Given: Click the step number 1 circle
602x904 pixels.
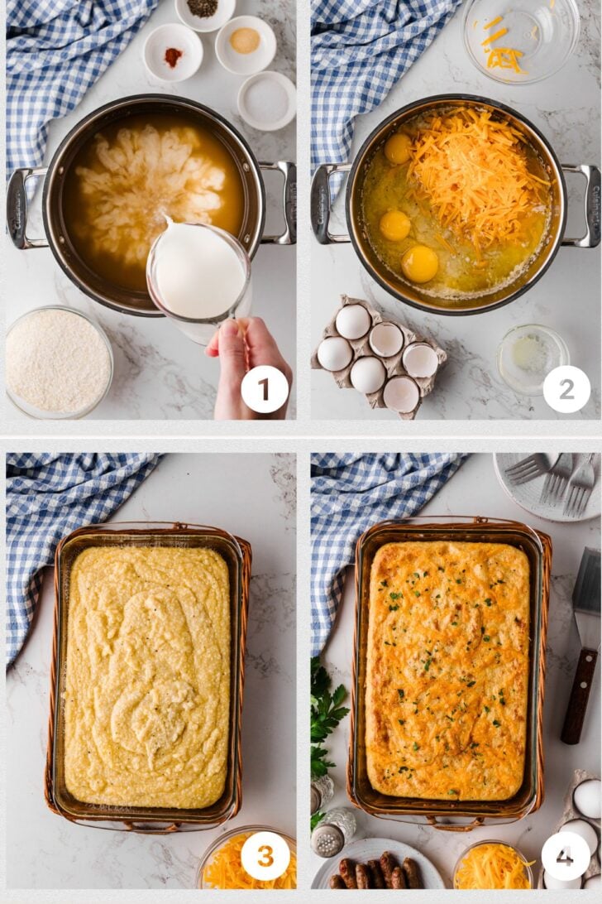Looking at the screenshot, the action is (265, 390).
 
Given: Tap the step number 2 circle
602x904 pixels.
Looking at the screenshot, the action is (566, 389).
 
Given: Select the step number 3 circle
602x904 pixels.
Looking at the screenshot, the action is (265, 856).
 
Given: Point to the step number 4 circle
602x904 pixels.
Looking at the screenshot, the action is (566, 857).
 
